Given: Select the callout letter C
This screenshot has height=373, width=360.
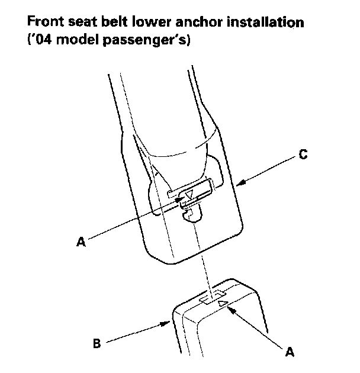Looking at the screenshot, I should click(303, 155).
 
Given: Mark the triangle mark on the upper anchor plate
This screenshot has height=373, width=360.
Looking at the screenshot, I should click(189, 195).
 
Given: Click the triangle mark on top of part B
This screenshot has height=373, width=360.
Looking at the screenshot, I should click(222, 304).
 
